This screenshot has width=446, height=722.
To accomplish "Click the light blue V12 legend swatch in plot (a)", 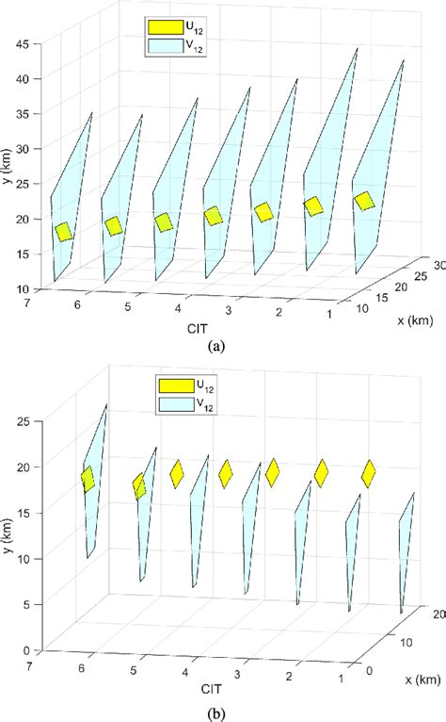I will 162,43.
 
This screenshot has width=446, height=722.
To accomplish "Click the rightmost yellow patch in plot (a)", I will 364,201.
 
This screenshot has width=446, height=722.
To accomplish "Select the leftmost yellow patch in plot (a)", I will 64,231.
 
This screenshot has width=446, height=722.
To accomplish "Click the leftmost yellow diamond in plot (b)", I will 88,479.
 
